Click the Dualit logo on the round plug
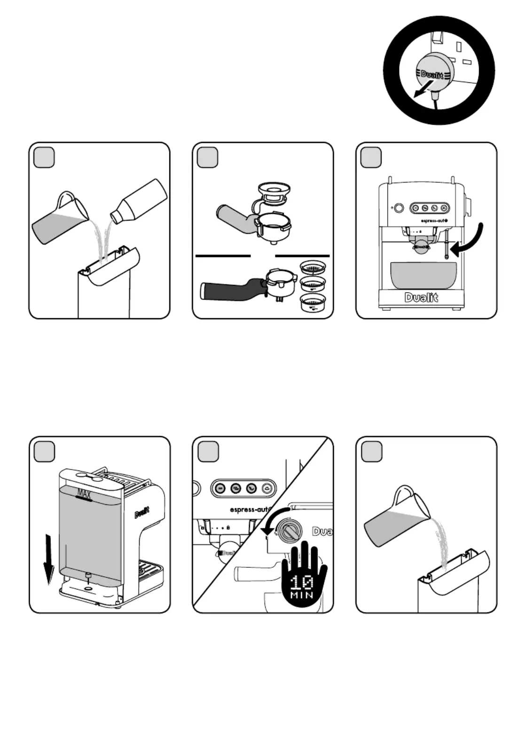point(432,75)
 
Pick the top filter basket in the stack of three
point(313,268)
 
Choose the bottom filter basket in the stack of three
point(313,303)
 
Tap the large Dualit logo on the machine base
point(421,298)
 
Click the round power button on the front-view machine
point(399,208)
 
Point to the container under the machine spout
point(423,275)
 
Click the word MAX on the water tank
point(84,494)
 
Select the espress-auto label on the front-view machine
point(431,220)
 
